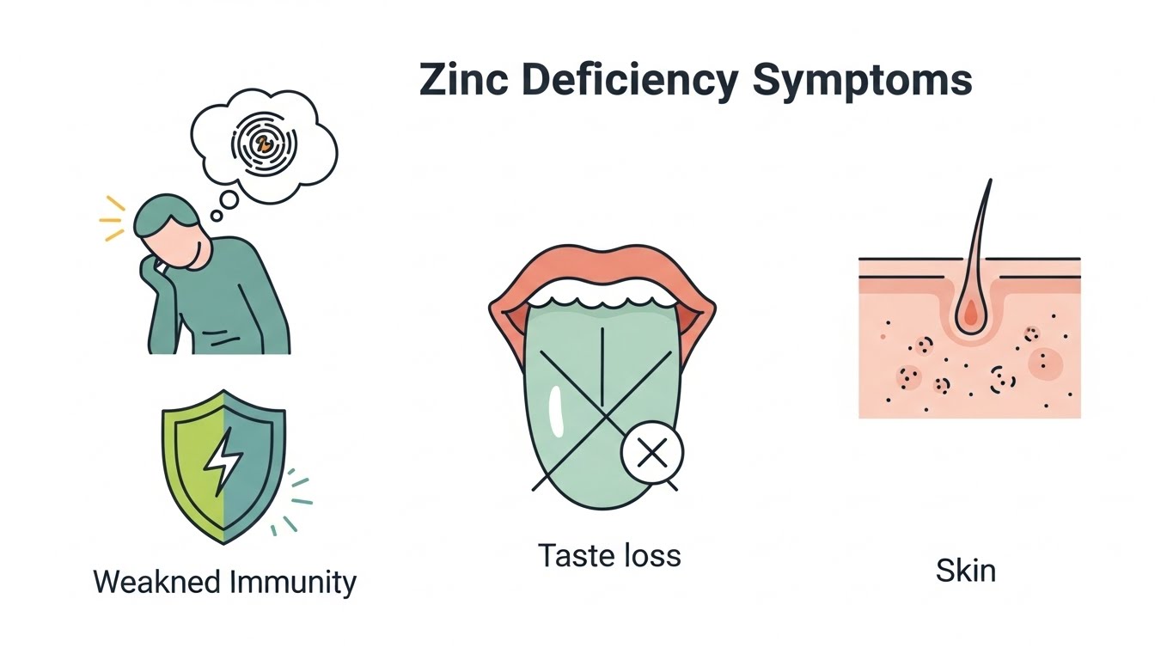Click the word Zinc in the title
[462, 80]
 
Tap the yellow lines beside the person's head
[113, 220]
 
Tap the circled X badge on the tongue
[652, 453]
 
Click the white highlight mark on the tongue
[555, 411]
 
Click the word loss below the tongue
[651, 555]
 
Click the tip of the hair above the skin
[990, 182]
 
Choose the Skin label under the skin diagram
[966, 570]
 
